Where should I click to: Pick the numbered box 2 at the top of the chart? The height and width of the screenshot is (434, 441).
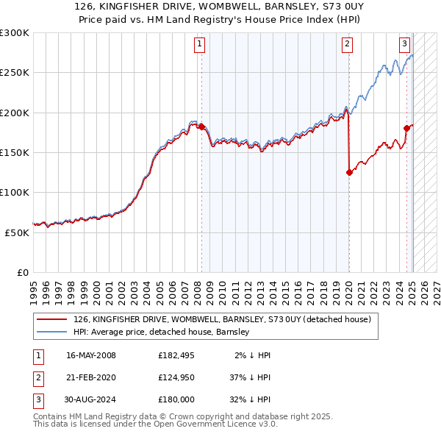pos(346,43)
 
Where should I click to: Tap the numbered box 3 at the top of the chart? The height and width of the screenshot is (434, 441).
pos(404,43)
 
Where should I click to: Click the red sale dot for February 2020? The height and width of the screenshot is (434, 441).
pos(349,173)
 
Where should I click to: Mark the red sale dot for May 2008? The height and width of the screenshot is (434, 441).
pos(201,127)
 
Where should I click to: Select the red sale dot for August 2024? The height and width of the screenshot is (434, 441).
pos(406,129)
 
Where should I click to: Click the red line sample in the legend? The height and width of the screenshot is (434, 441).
pos(51,319)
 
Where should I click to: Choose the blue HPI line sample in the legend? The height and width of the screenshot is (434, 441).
pos(51,332)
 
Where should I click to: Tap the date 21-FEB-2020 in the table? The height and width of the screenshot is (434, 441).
pos(91,377)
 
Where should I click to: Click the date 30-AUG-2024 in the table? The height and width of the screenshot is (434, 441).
pos(91,399)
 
